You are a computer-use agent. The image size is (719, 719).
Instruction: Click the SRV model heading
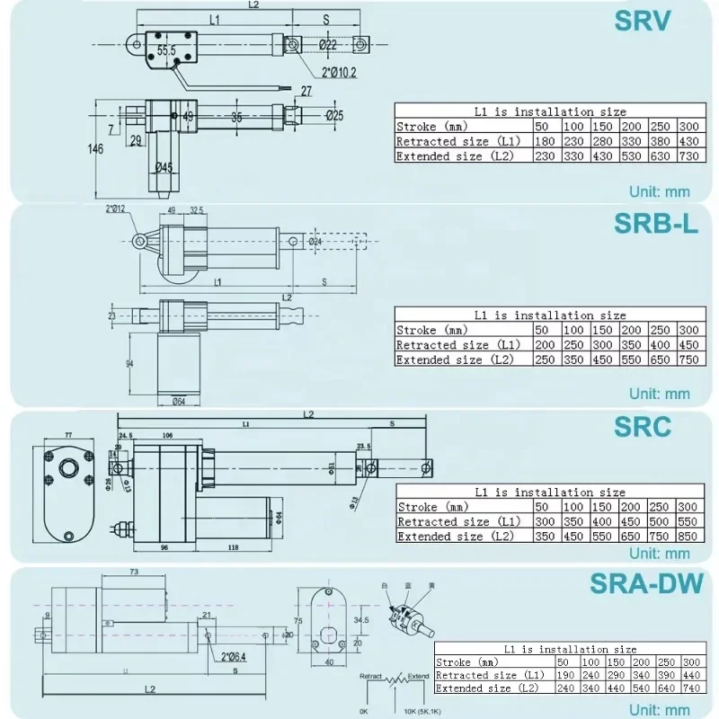[x=642, y=21]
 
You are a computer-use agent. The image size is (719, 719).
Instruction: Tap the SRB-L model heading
[x=655, y=223]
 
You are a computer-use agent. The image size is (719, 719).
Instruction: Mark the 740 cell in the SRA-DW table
[x=691, y=688]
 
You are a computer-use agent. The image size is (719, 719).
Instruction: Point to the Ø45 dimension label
[x=163, y=166]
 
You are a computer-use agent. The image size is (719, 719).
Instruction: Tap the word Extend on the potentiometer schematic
[x=419, y=675]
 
